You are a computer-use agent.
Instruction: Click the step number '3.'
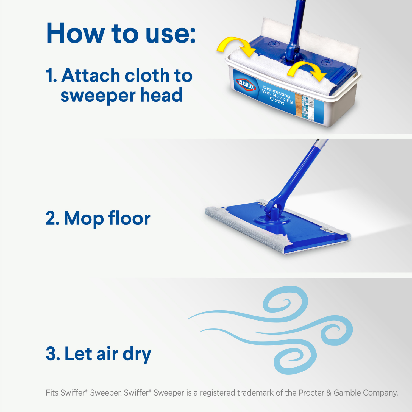53,354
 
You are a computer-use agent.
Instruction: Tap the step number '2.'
52,219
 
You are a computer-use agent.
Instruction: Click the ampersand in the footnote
329,393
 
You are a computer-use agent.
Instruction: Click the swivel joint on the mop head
272,214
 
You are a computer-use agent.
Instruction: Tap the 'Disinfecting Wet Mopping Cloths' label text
277,95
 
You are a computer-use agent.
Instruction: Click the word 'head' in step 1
161,95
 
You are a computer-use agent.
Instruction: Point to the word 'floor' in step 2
129,219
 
